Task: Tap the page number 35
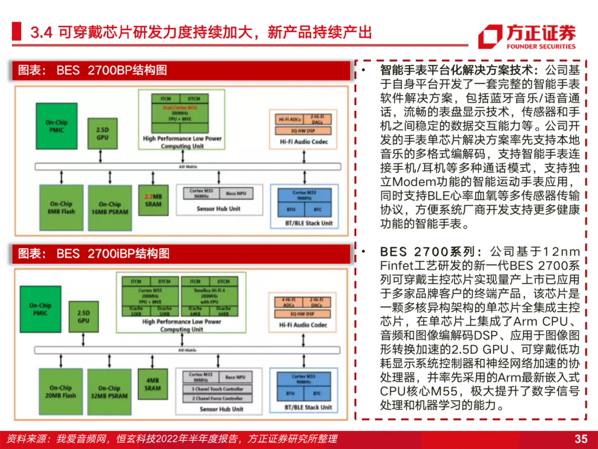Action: pyautogui.click(x=580, y=438)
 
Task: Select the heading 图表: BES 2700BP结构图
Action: pyautogui.click(x=92, y=70)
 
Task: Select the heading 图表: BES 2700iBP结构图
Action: pyautogui.click(x=94, y=253)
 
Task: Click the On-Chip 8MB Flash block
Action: pyautogui.click(x=61, y=207)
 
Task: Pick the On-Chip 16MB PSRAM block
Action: pyautogui.click(x=110, y=208)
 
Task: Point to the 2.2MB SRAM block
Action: pyautogui.click(x=153, y=200)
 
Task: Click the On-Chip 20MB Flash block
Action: pyautogui.click(x=61, y=391)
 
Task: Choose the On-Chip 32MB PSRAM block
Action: pyautogui.click(x=109, y=392)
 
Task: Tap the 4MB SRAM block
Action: pyautogui.click(x=153, y=385)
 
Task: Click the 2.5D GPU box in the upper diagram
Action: pyautogui.click(x=102, y=134)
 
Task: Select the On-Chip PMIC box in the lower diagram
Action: pyautogui.click(x=40, y=309)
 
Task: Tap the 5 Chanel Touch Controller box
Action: pyautogui.click(x=218, y=389)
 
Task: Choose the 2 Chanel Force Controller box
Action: pyautogui.click(x=218, y=398)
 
